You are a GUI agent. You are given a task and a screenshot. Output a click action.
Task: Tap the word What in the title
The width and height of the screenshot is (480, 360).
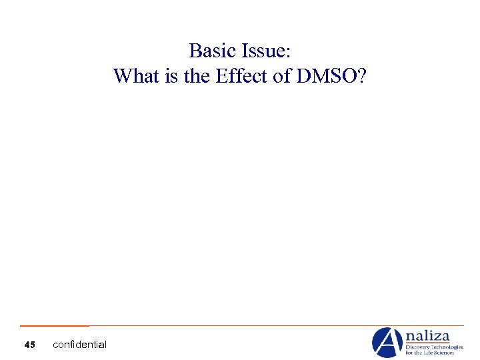pos(135,76)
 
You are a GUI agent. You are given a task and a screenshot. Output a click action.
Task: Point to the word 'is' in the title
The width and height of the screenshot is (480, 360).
pos(171,76)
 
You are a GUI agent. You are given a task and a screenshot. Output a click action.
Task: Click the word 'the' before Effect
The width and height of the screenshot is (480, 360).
pos(197,76)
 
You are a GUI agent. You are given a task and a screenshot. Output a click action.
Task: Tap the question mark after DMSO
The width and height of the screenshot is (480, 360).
pos(361,76)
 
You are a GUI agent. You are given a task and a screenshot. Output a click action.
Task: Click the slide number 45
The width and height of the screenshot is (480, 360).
pos(29,345)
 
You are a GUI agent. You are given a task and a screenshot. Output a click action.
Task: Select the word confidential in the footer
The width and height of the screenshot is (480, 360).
pos(79,345)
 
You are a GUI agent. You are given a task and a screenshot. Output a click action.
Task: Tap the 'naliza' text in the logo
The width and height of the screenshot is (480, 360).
pos(428,336)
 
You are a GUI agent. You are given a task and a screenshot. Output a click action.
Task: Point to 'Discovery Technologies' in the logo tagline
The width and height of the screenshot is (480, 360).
pos(434,347)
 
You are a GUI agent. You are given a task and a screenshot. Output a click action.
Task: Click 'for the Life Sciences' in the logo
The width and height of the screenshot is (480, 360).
pos(434,354)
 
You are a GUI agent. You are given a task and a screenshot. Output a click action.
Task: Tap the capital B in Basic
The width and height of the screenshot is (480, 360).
pos(195,51)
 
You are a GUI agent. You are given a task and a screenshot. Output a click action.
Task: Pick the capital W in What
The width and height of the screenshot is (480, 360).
pos(123,76)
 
